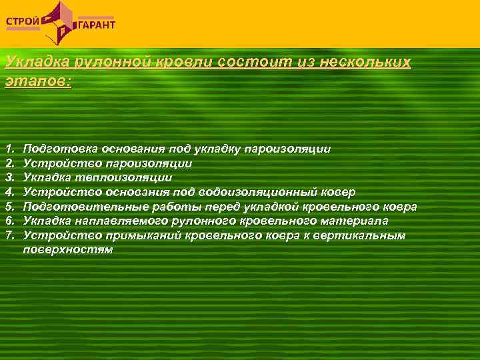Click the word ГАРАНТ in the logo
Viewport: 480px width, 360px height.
97,25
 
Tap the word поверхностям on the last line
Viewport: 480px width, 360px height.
67,250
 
